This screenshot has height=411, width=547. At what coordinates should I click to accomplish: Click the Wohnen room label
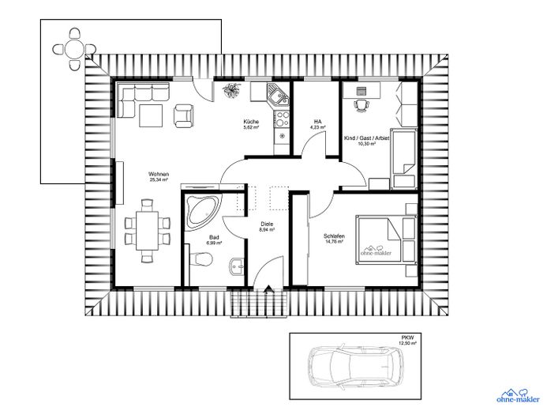[159, 174]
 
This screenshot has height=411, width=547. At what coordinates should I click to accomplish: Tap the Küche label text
[251, 121]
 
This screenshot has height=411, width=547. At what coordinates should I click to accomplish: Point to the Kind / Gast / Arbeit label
[366, 138]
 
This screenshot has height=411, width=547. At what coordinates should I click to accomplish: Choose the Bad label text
[213, 236]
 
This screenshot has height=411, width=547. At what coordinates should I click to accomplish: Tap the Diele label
[268, 224]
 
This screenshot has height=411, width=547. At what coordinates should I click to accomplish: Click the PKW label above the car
[407, 337]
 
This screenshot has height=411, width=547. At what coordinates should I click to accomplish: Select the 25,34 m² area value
[159, 180]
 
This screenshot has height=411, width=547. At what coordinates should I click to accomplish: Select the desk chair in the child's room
[361, 104]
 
